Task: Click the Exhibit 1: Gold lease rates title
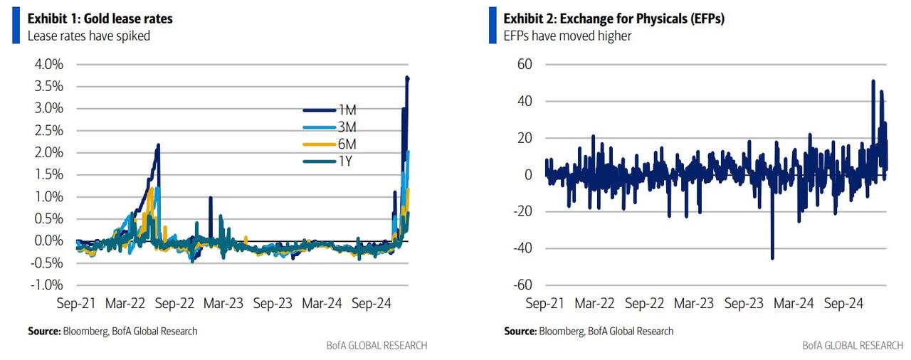point(100,18)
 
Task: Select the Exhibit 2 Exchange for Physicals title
point(614,18)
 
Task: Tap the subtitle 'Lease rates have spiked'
point(89,36)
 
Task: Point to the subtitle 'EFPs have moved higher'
point(567,36)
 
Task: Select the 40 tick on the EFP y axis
point(524,101)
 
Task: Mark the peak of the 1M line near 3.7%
point(407,78)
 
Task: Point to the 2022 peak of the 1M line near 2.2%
point(158,145)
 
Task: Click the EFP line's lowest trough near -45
point(773,258)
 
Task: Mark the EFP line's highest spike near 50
point(873,81)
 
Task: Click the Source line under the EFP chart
point(589,331)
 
